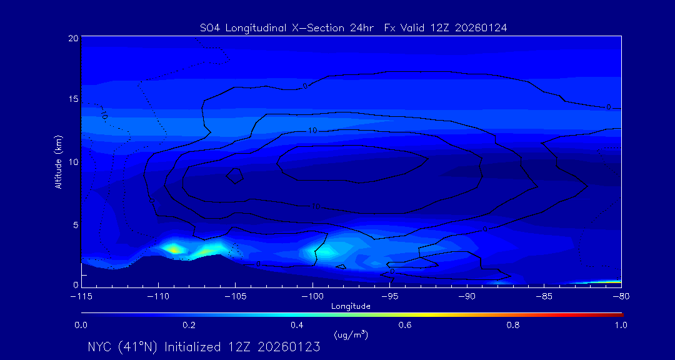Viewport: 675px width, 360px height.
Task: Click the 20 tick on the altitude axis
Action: (73, 38)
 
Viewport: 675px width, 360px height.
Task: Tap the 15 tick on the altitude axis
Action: (73, 99)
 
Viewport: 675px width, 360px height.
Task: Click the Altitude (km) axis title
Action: (58, 162)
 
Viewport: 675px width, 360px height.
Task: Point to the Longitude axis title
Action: (351, 306)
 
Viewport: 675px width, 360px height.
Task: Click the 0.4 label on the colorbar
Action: (297, 325)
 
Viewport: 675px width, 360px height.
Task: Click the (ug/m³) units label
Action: (351, 335)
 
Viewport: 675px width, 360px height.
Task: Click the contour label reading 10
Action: (312, 130)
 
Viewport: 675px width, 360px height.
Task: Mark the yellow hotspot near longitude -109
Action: (174, 249)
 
